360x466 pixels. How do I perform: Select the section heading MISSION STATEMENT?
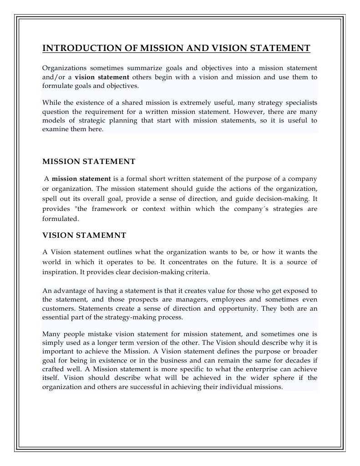pyautogui.click(x=89, y=161)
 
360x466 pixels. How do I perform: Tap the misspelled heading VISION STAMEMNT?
pyautogui.click(x=84, y=235)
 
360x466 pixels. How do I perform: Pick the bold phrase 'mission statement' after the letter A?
pyautogui.click(x=81, y=179)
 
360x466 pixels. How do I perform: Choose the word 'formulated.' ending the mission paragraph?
pyautogui.click(x=61, y=218)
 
